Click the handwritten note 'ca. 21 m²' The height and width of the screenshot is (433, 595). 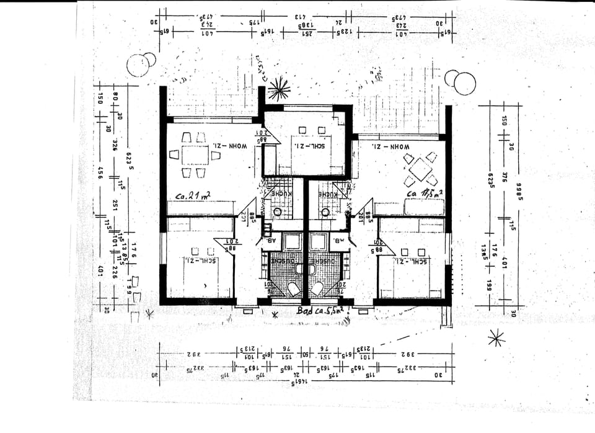(193, 195)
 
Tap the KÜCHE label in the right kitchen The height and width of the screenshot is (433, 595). (328, 194)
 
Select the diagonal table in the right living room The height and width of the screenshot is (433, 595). (421, 169)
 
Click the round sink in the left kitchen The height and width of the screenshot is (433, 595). (277, 212)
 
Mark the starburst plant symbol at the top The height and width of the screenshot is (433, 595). (278, 89)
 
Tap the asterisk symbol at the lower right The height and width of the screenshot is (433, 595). (495, 337)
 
